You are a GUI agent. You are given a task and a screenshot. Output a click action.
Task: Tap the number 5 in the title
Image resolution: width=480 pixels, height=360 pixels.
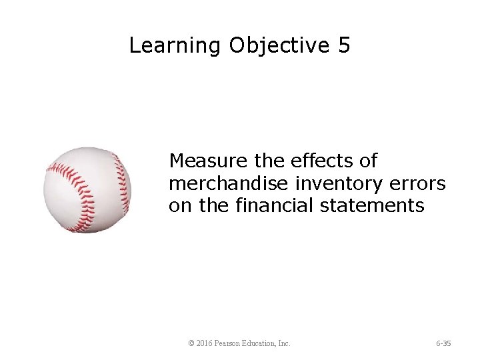343,45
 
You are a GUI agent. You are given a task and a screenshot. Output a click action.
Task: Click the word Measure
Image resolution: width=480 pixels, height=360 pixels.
207,161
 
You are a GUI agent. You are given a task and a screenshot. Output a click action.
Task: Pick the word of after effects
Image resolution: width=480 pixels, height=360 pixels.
367,161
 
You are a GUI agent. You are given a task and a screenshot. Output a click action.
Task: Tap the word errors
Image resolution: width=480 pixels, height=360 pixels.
418,183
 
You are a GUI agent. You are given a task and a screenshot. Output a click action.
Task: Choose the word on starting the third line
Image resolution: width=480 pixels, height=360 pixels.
180,206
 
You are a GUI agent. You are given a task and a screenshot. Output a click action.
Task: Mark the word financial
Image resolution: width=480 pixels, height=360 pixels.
275,206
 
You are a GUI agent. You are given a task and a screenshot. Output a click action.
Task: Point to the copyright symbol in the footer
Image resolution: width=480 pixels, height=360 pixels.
191,343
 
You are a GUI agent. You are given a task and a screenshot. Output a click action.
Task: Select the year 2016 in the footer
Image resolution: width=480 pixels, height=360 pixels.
205,343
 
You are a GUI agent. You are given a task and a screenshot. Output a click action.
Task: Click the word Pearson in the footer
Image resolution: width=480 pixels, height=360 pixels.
230,343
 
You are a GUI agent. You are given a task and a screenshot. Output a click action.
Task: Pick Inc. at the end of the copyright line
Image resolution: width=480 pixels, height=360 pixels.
284,343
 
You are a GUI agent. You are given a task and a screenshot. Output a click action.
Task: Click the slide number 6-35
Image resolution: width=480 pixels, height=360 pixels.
443,343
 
